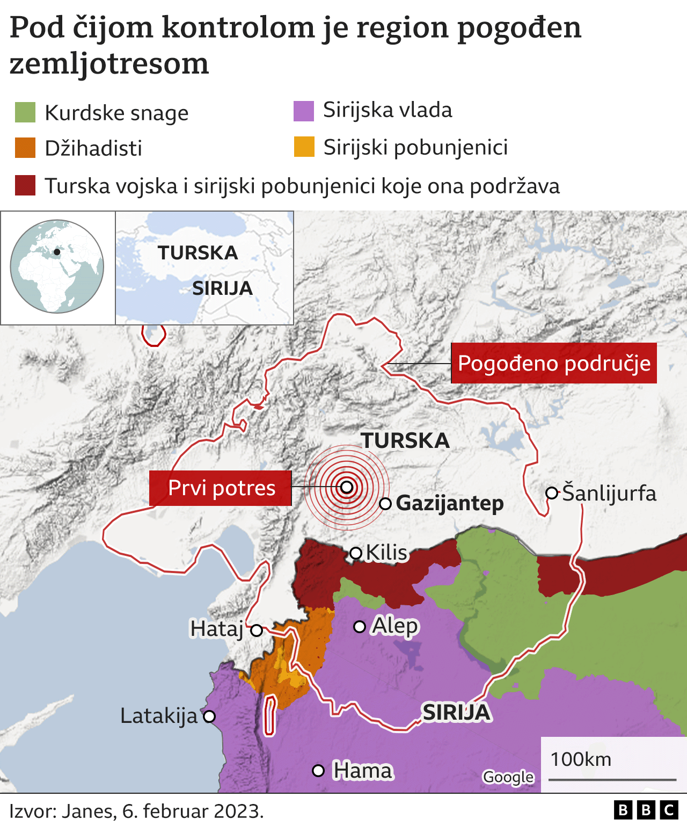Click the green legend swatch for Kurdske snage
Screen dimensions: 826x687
[x=25, y=113]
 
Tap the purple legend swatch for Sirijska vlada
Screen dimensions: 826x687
[x=304, y=111]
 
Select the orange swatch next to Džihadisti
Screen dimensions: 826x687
[x=25, y=148]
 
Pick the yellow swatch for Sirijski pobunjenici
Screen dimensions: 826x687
[x=304, y=147]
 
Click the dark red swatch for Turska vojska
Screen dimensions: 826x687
[x=25, y=185]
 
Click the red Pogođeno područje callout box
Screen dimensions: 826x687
[x=553, y=363]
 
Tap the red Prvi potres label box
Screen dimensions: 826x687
[x=221, y=488]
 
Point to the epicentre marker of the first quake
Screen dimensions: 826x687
[x=347, y=487]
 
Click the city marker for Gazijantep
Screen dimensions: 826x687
[x=385, y=504]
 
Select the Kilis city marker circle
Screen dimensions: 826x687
[x=355, y=553]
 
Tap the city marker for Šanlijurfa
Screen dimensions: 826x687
[x=551, y=493]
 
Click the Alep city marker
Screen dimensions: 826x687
[x=360, y=627]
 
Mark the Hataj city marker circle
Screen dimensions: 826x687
[x=257, y=630]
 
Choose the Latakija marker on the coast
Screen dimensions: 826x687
[x=209, y=716]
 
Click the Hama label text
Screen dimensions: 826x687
[x=362, y=771]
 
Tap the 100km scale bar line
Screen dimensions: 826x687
[x=612, y=779]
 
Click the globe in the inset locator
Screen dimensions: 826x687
[x=57, y=266]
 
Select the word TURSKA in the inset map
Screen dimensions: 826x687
[x=198, y=253]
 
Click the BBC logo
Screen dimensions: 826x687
[x=646, y=810]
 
